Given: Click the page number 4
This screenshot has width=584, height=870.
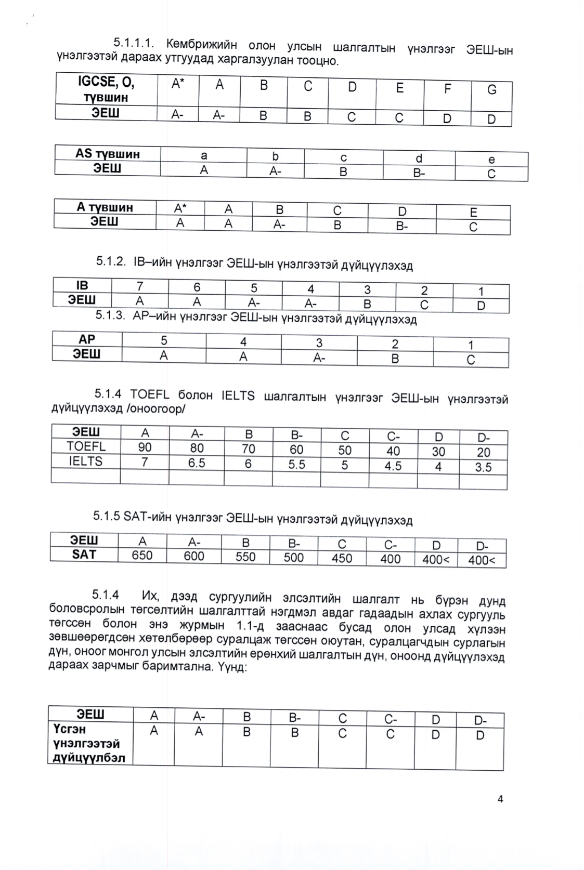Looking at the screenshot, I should click(x=500, y=799).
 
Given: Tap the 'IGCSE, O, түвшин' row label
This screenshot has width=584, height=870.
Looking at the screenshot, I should click(x=106, y=89).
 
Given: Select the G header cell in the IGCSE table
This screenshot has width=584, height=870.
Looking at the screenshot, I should click(x=491, y=90).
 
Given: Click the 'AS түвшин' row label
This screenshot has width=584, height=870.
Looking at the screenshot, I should click(x=108, y=154).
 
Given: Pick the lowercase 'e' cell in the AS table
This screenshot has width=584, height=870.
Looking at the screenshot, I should click(x=491, y=160).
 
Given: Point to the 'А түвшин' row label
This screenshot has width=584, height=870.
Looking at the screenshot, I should click(x=105, y=207).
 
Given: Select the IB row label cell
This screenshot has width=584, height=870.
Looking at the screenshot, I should click(x=82, y=285).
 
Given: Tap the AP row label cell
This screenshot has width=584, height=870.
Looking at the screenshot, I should click(x=87, y=339).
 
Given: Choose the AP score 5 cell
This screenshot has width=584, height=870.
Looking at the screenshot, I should click(x=164, y=340).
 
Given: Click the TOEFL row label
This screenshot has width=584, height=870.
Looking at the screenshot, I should click(x=86, y=446).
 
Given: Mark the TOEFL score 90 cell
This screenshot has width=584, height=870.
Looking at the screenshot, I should click(x=145, y=447).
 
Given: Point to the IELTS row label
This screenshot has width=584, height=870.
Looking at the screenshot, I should click(x=86, y=461).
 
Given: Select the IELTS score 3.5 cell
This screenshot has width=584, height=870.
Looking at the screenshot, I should click(x=483, y=467).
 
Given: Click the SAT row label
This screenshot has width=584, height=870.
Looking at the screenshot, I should click(x=84, y=555).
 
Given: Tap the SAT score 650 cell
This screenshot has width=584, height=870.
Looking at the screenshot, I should click(x=142, y=556).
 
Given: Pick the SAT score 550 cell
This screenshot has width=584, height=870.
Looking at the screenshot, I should click(x=245, y=557).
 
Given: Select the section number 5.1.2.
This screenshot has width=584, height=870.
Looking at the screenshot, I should click(x=111, y=261).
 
